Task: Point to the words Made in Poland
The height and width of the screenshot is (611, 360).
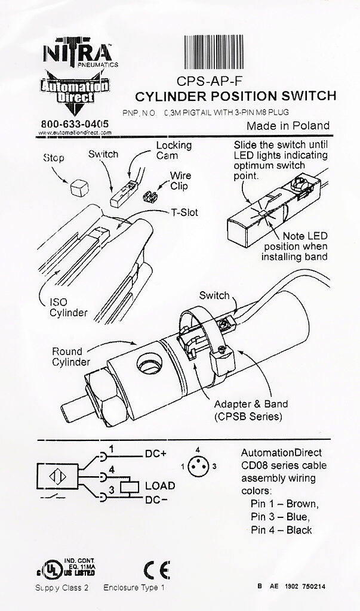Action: coord(288,125)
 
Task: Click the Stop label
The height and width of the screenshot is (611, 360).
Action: coord(54,158)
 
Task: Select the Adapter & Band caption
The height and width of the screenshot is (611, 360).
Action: coord(247,410)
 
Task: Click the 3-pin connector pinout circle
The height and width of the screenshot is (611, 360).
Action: coord(202,464)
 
